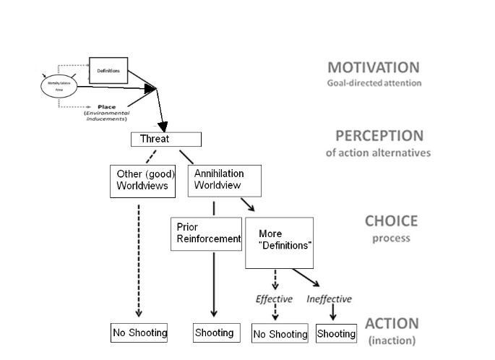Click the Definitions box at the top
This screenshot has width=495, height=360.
[x=108, y=71]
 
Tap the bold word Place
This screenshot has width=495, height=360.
[x=106, y=107]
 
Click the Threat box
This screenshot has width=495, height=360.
[x=165, y=139]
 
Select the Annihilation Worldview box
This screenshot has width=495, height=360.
[x=224, y=179]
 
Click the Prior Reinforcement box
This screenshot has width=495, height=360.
[x=206, y=233]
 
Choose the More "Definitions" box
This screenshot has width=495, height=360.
[x=279, y=242]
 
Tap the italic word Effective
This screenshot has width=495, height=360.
[x=275, y=299]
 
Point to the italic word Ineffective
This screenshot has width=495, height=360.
[x=330, y=299]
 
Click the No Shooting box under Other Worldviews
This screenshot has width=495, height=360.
[x=139, y=333]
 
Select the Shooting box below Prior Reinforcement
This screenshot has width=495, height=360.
[x=214, y=333]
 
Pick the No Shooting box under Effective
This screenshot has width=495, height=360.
[x=280, y=334]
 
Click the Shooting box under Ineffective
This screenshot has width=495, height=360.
[x=336, y=334]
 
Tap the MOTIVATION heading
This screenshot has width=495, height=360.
[x=373, y=67]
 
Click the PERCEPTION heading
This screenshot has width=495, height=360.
[x=379, y=136]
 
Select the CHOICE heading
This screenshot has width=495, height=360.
[x=391, y=222]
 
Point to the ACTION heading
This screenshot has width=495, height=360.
[x=391, y=325]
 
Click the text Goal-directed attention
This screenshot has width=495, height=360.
[x=373, y=83]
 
